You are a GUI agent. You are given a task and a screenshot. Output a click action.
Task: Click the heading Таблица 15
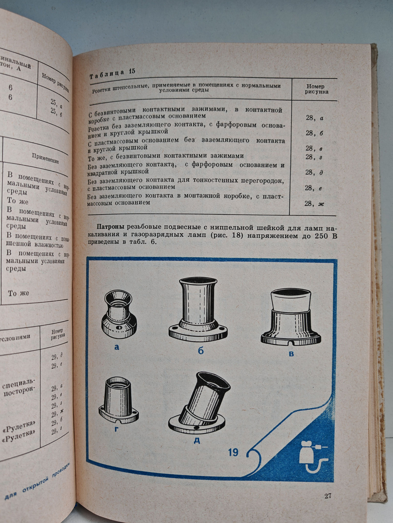click(x=112, y=73)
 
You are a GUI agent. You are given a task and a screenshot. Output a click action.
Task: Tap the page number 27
click(x=329, y=496)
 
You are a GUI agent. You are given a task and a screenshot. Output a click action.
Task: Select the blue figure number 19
click(x=233, y=452)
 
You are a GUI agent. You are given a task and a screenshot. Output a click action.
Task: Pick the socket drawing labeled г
click(x=117, y=401)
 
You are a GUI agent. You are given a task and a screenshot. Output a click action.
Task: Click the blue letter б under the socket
click(x=200, y=350)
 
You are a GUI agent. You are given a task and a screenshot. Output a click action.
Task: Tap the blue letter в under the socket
click(x=291, y=354)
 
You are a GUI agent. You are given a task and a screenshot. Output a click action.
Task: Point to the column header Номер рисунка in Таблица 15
click(x=316, y=89)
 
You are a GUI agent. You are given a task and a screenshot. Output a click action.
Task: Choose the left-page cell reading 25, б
click(x=56, y=112)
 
